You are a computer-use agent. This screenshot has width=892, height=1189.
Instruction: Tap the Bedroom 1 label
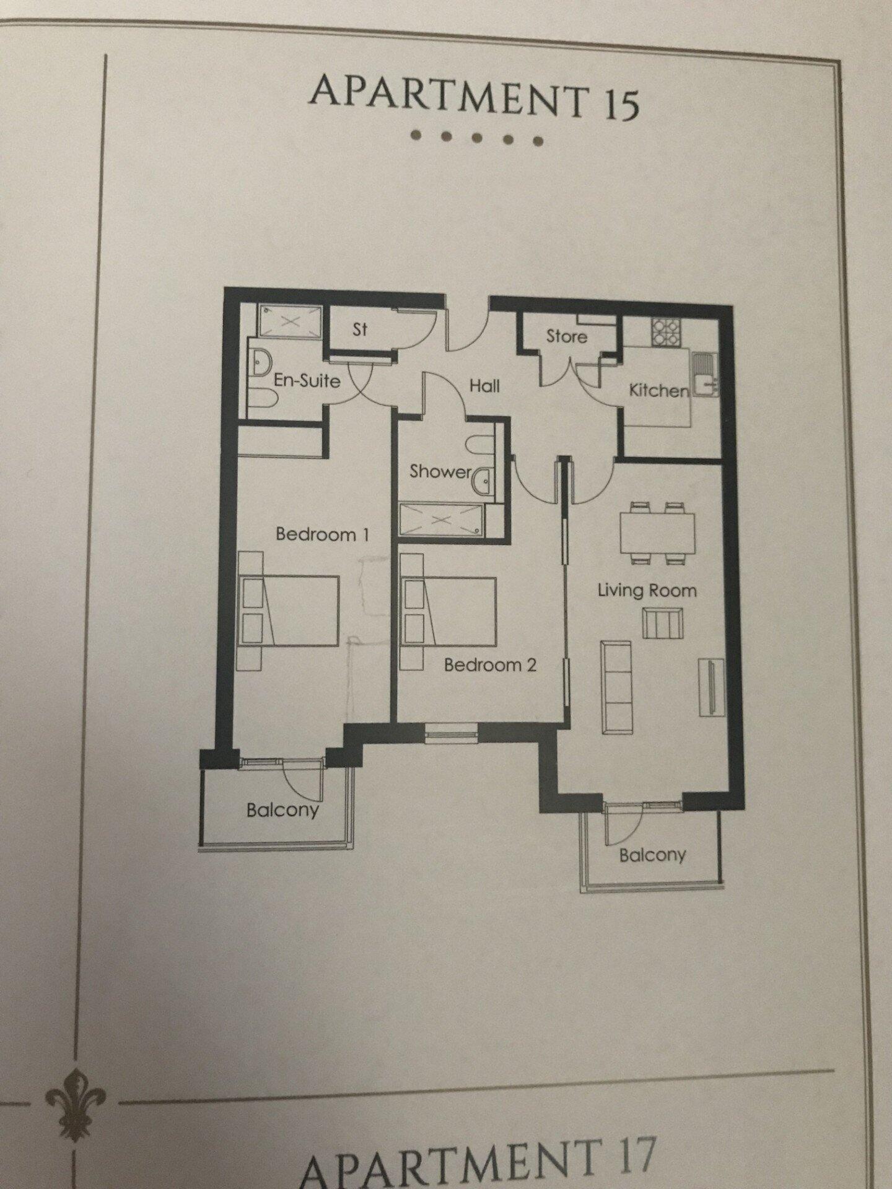click(x=322, y=534)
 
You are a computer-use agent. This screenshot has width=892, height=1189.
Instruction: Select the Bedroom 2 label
click(x=490, y=665)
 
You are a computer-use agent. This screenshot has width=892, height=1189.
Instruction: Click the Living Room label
click(x=647, y=590)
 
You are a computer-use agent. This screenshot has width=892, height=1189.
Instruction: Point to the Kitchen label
click(x=658, y=391)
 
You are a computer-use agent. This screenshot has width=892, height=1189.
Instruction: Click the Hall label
click(x=484, y=386)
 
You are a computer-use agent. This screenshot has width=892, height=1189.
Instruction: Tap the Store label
click(x=566, y=336)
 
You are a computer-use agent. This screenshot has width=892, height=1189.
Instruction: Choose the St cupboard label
click(x=360, y=329)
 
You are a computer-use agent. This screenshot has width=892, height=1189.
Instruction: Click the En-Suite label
click(x=307, y=380)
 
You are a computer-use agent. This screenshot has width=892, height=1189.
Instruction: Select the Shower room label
click(x=440, y=471)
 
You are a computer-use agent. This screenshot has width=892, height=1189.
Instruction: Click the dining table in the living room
click(x=657, y=533)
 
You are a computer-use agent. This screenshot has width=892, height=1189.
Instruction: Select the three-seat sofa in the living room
click(x=616, y=687)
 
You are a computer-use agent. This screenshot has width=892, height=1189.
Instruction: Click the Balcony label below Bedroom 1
click(x=282, y=809)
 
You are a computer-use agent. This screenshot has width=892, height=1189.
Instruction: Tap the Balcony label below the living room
click(x=652, y=855)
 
